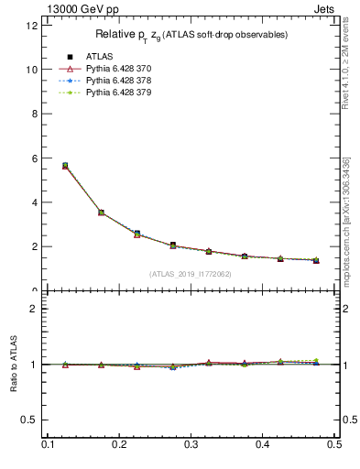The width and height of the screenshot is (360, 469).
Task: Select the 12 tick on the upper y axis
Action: coord(32,26)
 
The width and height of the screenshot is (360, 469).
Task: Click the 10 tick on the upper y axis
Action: coord(32,70)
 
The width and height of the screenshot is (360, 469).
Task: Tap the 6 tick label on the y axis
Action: coord(35,158)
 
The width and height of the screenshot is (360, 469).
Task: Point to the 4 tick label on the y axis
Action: coord(35,202)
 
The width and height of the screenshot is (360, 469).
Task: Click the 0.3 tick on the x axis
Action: coord(191,444)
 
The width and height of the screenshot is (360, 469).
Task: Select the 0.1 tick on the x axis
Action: coord(48,444)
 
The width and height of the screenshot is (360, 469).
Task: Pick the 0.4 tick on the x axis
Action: coord(262,444)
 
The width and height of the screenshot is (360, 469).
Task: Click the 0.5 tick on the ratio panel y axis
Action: coord(30,420)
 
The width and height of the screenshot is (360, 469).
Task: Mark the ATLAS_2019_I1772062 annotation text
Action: coord(191,274)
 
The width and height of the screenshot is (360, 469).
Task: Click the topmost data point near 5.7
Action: coord(65,166)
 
